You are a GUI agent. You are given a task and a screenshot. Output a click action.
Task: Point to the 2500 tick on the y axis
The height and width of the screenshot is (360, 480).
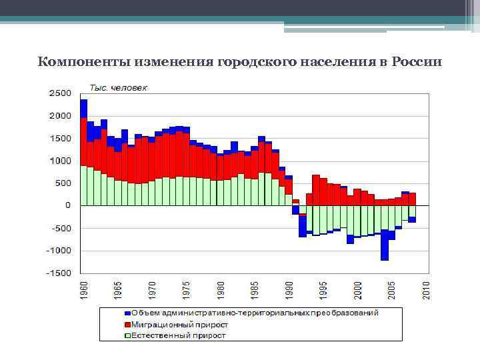coord(60,93)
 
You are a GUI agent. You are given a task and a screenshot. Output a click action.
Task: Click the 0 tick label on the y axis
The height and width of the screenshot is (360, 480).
coord(68,205)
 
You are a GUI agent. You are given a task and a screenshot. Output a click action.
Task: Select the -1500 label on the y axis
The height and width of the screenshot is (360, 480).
coord(59,273)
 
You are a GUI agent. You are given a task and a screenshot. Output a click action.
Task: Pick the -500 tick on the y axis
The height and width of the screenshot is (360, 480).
coord(61,228)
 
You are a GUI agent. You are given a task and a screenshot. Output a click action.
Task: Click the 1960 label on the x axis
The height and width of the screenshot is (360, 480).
coord(83,290)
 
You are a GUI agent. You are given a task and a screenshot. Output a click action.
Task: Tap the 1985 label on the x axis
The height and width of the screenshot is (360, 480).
coord(255,290)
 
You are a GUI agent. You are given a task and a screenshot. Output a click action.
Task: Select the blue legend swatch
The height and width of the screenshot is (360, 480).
coord(127,313)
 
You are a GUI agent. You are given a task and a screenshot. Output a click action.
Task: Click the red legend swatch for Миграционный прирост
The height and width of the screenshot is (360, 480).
coord(127,324)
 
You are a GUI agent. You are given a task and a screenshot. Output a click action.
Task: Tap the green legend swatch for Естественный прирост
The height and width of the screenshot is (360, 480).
coord(127,335)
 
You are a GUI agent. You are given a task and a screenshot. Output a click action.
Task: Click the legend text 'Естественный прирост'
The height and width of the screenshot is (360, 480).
coord(178,335)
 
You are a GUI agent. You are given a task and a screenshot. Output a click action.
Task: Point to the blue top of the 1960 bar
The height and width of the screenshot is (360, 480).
coord(83,108)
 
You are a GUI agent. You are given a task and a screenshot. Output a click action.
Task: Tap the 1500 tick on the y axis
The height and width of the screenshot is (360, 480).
coord(60,138)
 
